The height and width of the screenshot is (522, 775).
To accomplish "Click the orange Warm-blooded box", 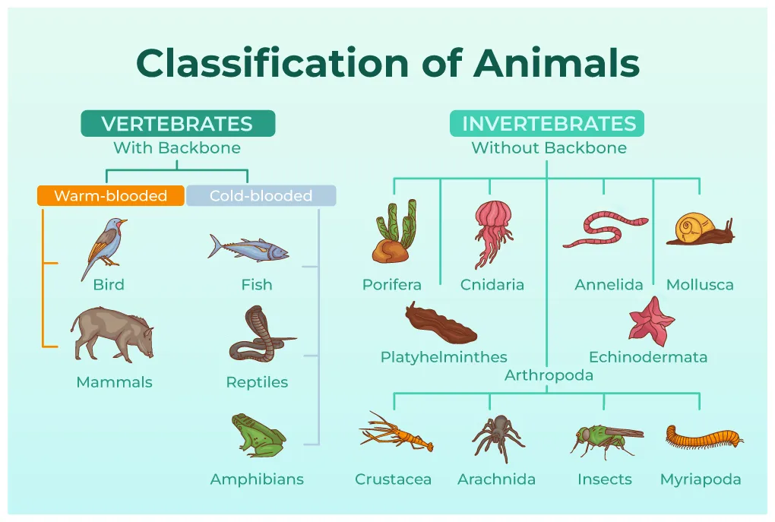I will point(110,195).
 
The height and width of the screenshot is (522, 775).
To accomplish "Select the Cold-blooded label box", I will point(261,195).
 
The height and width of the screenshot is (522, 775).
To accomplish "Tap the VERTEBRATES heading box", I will point(177,124).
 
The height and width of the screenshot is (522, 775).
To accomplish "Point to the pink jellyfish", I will point(492,232).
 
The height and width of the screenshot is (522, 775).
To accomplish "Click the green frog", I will point(257,435).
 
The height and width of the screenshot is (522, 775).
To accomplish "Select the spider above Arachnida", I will point(498,436).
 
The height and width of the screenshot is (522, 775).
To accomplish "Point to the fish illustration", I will point(249,248).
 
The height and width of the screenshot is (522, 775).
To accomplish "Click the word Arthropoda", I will point(549,375).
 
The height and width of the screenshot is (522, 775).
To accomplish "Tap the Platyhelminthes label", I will point(444,356).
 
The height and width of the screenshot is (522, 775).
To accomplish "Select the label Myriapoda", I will point(700,479).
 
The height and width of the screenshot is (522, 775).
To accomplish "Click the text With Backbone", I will point(177,148).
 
